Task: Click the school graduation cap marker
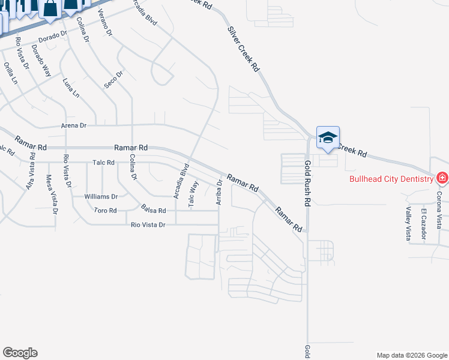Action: click(x=328, y=137)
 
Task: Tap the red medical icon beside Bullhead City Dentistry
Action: click(x=442, y=178)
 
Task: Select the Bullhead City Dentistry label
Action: click(x=393, y=179)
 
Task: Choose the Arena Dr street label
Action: click(x=74, y=126)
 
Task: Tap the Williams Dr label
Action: click(x=101, y=196)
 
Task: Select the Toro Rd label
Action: click(x=105, y=211)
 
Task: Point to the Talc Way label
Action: click(x=193, y=194)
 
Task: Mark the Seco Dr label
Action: click(x=113, y=79)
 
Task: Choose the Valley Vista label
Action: click(x=408, y=223)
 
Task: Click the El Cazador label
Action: click(x=423, y=224)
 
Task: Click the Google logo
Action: click(x=20, y=353)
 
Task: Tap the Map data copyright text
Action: click(x=411, y=355)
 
